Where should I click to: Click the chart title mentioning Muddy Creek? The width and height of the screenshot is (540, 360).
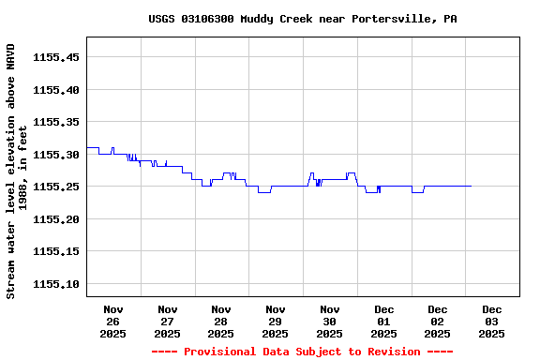click(303, 19)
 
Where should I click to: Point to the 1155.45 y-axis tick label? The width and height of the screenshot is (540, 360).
click(55, 57)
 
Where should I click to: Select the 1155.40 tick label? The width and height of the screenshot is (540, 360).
click(55, 90)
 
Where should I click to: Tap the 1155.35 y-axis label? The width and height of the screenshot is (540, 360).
click(55, 122)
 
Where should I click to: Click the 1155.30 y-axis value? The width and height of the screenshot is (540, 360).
click(55, 155)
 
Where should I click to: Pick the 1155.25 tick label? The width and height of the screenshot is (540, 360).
click(55, 187)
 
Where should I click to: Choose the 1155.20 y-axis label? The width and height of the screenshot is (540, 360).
click(55, 219)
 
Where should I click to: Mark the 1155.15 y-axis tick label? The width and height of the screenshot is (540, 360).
click(55, 251)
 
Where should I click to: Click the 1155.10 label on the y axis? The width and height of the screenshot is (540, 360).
click(55, 284)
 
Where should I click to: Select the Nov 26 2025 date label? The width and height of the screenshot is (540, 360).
click(113, 321)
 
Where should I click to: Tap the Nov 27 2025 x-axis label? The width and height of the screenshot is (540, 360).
click(168, 321)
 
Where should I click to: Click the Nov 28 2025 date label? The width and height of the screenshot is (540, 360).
click(221, 321)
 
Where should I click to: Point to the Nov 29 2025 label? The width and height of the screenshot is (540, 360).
click(276, 321)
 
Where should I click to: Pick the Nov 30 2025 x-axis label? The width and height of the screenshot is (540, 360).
click(330, 321)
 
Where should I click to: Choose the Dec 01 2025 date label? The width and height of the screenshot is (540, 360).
click(383, 321)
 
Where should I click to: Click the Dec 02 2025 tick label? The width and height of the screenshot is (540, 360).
click(438, 321)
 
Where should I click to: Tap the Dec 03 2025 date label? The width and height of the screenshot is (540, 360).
click(492, 321)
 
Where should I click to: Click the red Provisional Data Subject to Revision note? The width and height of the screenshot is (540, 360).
click(302, 352)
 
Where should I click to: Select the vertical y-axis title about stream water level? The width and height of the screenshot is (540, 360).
click(17, 171)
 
